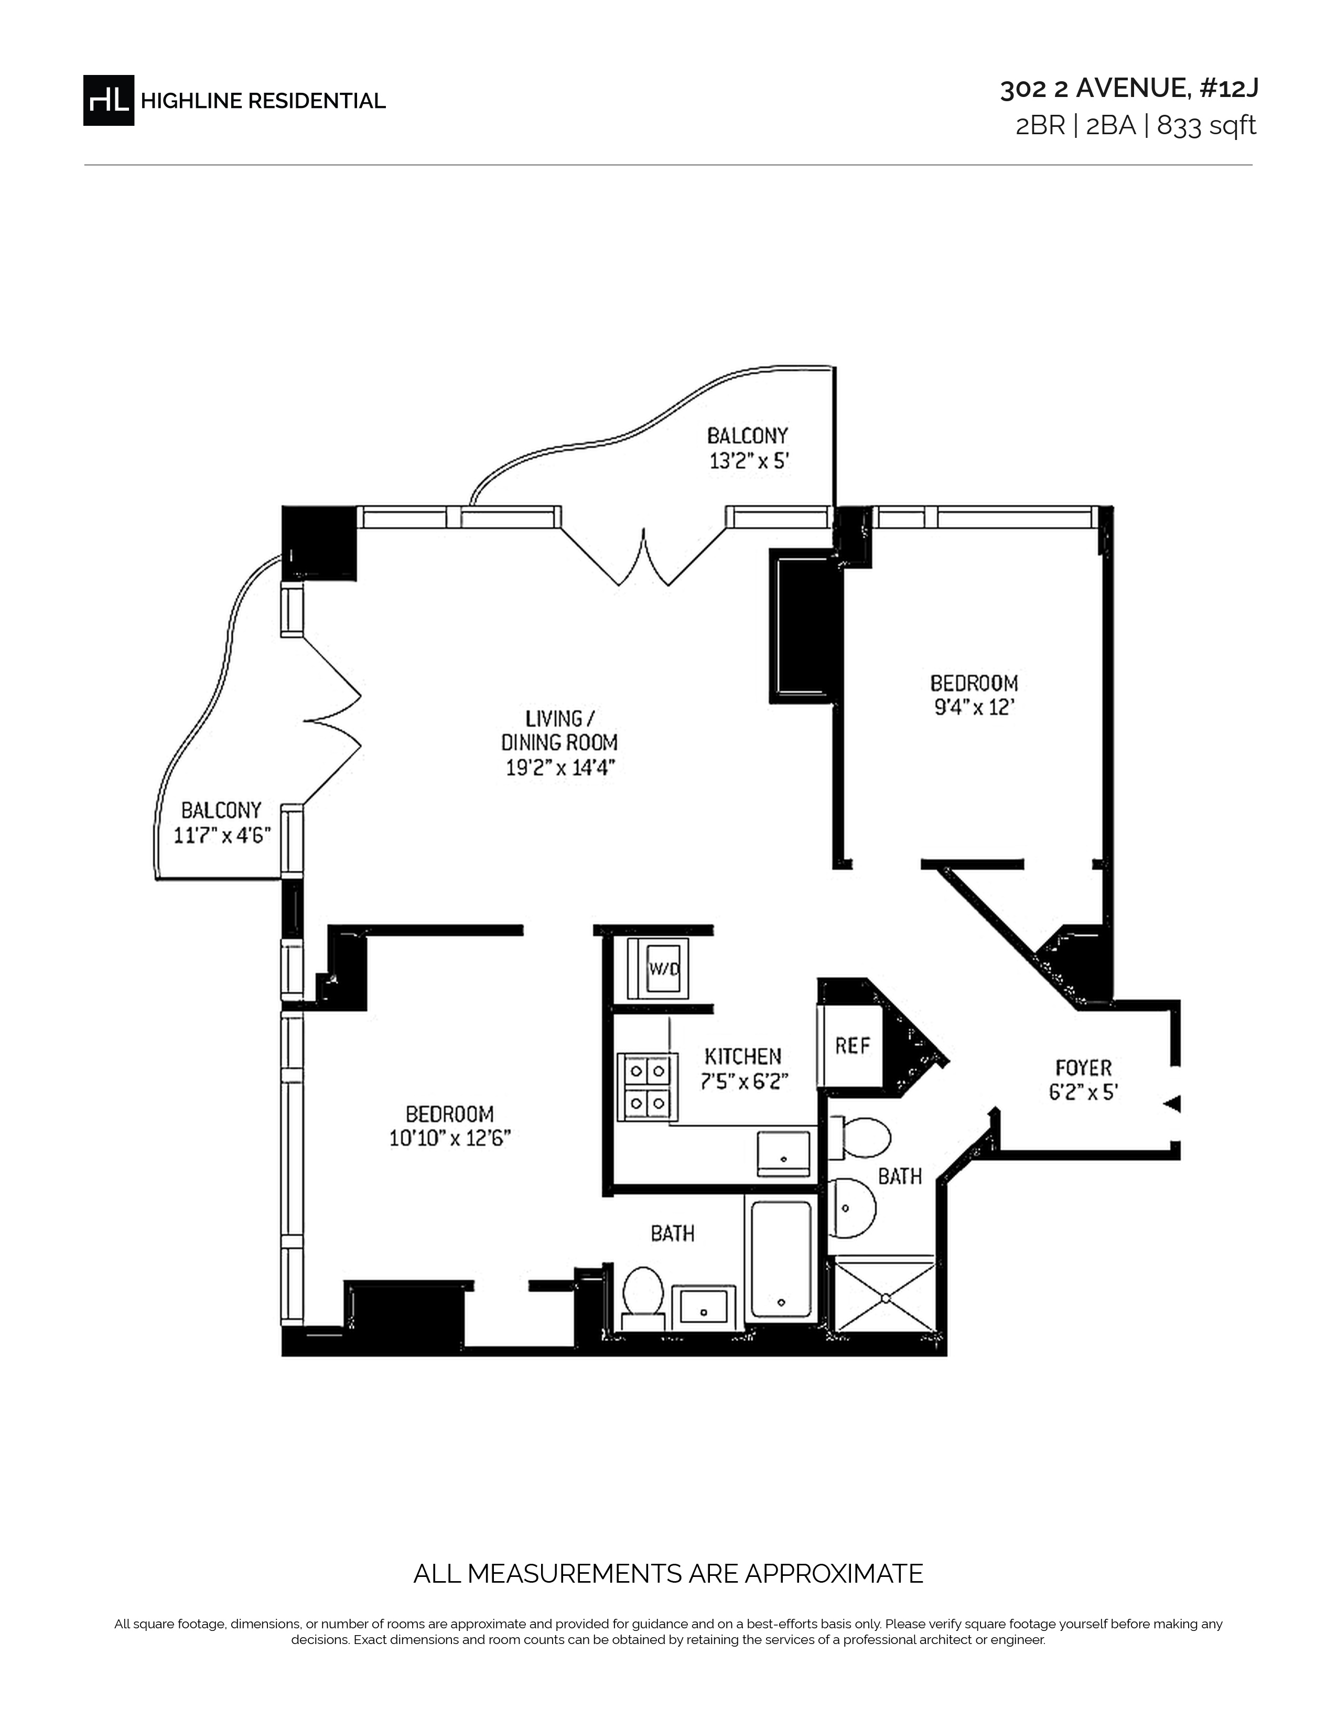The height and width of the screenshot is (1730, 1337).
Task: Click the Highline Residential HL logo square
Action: click(x=109, y=101)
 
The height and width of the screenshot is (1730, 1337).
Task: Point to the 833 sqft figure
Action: click(x=1207, y=126)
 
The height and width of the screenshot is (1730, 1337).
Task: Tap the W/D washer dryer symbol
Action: click(x=657, y=968)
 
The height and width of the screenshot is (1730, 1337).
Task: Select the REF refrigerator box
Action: click(x=851, y=1046)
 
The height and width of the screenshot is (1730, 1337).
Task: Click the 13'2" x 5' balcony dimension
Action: click(x=749, y=460)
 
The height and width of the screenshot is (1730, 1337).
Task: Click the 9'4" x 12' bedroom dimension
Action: click(x=974, y=707)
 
